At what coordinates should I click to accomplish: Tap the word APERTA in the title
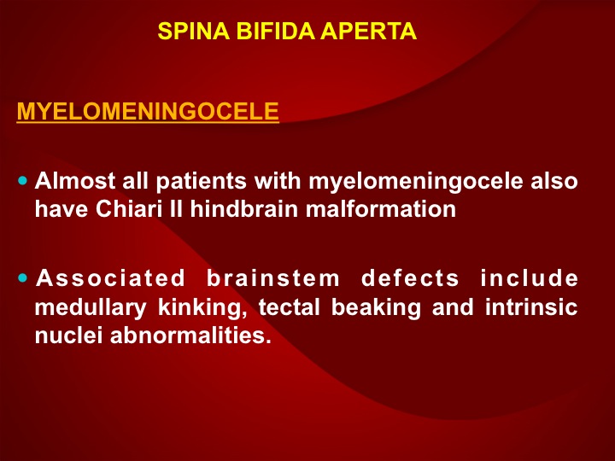pos(368,31)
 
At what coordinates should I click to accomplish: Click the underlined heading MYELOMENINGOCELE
pos(148,111)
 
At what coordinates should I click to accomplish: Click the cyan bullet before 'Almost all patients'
pos(23,181)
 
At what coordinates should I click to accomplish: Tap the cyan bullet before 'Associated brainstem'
pos(23,278)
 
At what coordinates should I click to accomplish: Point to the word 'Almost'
pos(75,181)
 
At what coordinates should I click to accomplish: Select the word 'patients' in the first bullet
pos(202,182)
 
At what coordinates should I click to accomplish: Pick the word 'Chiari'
pos(129,209)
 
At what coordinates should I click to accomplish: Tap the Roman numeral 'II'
pos(176,209)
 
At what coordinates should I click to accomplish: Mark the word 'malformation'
pos(381,209)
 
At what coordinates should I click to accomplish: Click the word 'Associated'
pos(110,278)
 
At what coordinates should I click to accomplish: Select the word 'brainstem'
pos(273,278)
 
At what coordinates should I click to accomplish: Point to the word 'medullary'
pos(91,308)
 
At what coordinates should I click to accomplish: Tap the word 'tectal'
pos(290,307)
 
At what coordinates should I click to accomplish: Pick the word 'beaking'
pos(376,308)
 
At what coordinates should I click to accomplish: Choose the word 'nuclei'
pos(68,336)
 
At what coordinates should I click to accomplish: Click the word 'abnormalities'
pos(190,336)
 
